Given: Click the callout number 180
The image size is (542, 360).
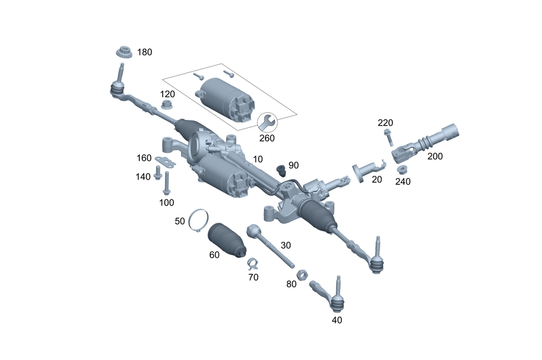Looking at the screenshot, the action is tap(145, 52).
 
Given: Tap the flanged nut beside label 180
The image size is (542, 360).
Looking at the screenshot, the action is tap(125, 53).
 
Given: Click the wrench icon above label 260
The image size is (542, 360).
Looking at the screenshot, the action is tap(267, 123).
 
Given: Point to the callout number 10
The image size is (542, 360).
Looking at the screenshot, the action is tap(257, 159).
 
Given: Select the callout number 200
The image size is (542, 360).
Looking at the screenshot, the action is tap(435, 156).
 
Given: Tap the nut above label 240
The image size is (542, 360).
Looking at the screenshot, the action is tap(402, 169).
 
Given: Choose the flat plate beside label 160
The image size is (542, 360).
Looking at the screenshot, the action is tap(166, 162).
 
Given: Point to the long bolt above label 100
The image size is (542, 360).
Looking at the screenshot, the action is tap(167, 184).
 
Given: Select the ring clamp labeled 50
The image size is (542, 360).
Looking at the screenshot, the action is tap(198, 219).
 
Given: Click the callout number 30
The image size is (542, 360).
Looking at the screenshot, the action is tap(286, 245).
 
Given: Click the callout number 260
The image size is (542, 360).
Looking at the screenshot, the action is tap(267, 138).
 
